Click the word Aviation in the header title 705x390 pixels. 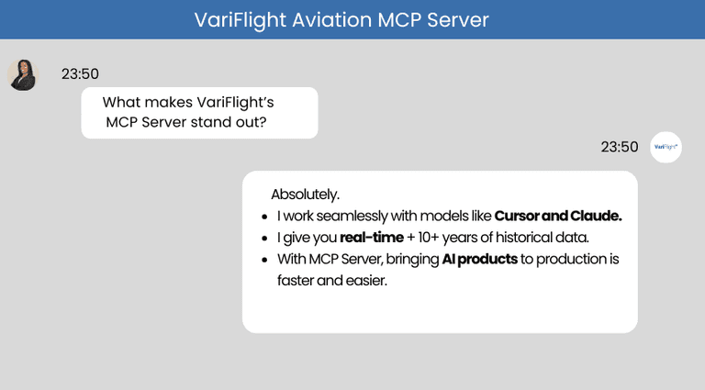[x=320, y=19]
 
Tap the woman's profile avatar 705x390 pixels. [x=22, y=74]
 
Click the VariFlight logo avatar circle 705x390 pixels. [x=666, y=147]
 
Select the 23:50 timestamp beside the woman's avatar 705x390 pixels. [x=80, y=74]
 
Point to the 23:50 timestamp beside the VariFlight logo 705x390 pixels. [x=619, y=147]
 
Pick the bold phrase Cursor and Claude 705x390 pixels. [x=558, y=217]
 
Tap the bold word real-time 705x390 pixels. [x=372, y=238]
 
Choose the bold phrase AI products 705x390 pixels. [x=480, y=259]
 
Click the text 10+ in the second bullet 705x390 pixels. [x=429, y=238]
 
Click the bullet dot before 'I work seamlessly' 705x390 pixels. [x=264, y=217]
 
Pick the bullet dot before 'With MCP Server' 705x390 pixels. [x=264, y=260]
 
